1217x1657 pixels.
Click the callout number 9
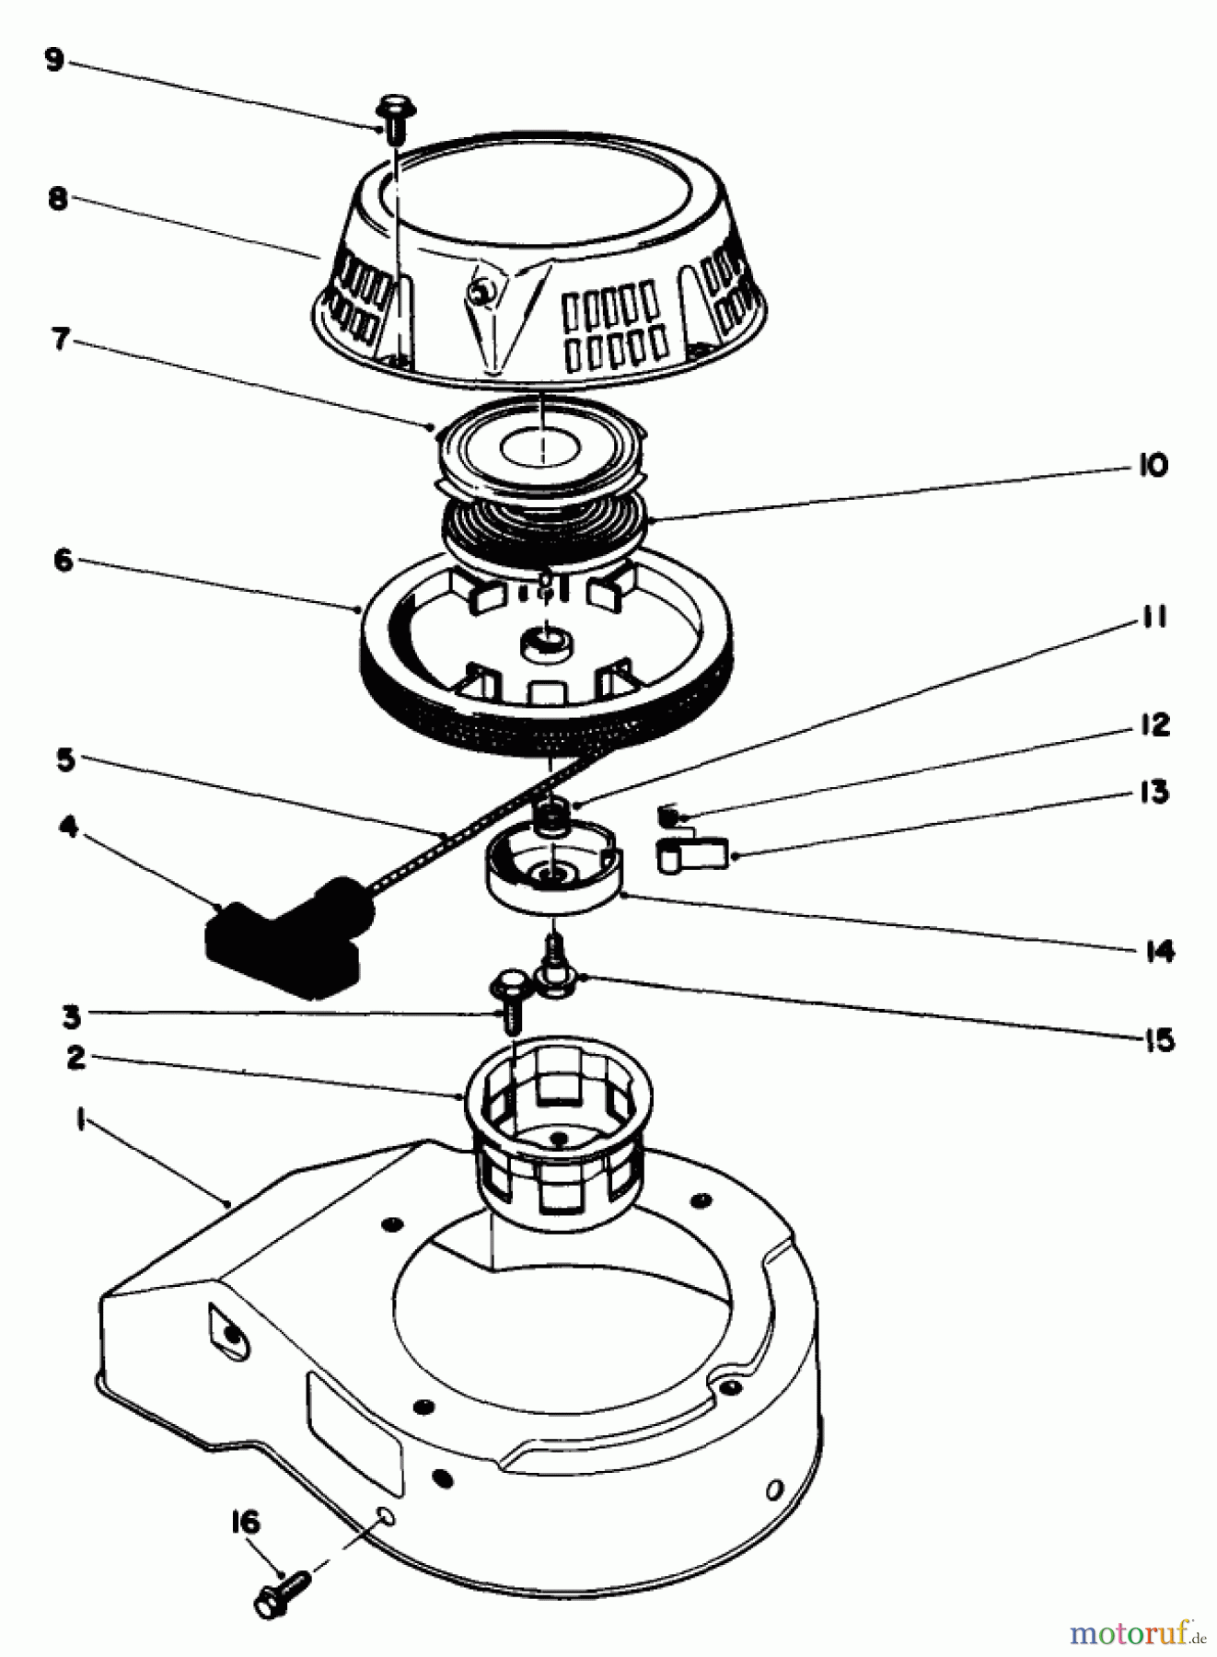coord(55,61)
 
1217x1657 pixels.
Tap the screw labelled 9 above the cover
coord(395,117)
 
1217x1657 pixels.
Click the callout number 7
coord(60,339)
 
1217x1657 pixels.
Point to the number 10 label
coord(1152,466)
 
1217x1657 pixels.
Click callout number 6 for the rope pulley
coord(63,560)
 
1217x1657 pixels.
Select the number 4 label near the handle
coord(67,826)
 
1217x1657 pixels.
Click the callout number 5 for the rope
coord(65,760)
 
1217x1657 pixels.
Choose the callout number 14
coord(1158,950)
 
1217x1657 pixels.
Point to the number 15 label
coord(1158,1040)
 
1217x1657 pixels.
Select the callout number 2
coord(75,1057)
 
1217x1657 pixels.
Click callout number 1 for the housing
coord(81,1121)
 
